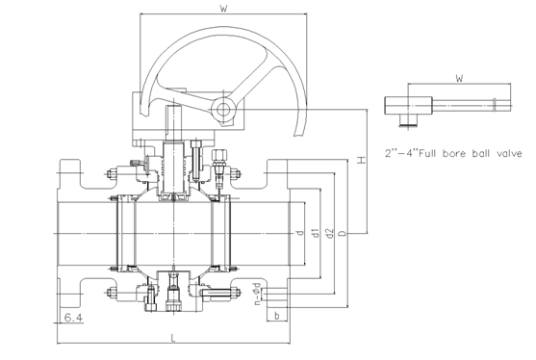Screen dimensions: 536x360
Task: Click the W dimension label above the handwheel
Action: pyautogui.click(x=223, y=9)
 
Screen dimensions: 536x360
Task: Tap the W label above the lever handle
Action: pyautogui.click(x=459, y=78)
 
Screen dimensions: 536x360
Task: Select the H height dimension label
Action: pyautogui.click(x=361, y=160)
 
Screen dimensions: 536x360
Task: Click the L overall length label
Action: pyautogui.click(x=173, y=339)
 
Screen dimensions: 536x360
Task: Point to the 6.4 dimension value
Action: pyautogui.click(x=73, y=318)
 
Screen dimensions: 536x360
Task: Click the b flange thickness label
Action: pyautogui.click(x=276, y=316)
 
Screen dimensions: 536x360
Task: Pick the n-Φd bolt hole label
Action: pyautogui.click(x=257, y=294)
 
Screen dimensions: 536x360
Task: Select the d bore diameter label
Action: pyautogui.click(x=300, y=233)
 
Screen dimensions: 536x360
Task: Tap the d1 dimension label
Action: pyautogui.click(x=316, y=233)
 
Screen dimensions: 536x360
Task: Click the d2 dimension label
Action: pyautogui.click(x=329, y=233)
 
